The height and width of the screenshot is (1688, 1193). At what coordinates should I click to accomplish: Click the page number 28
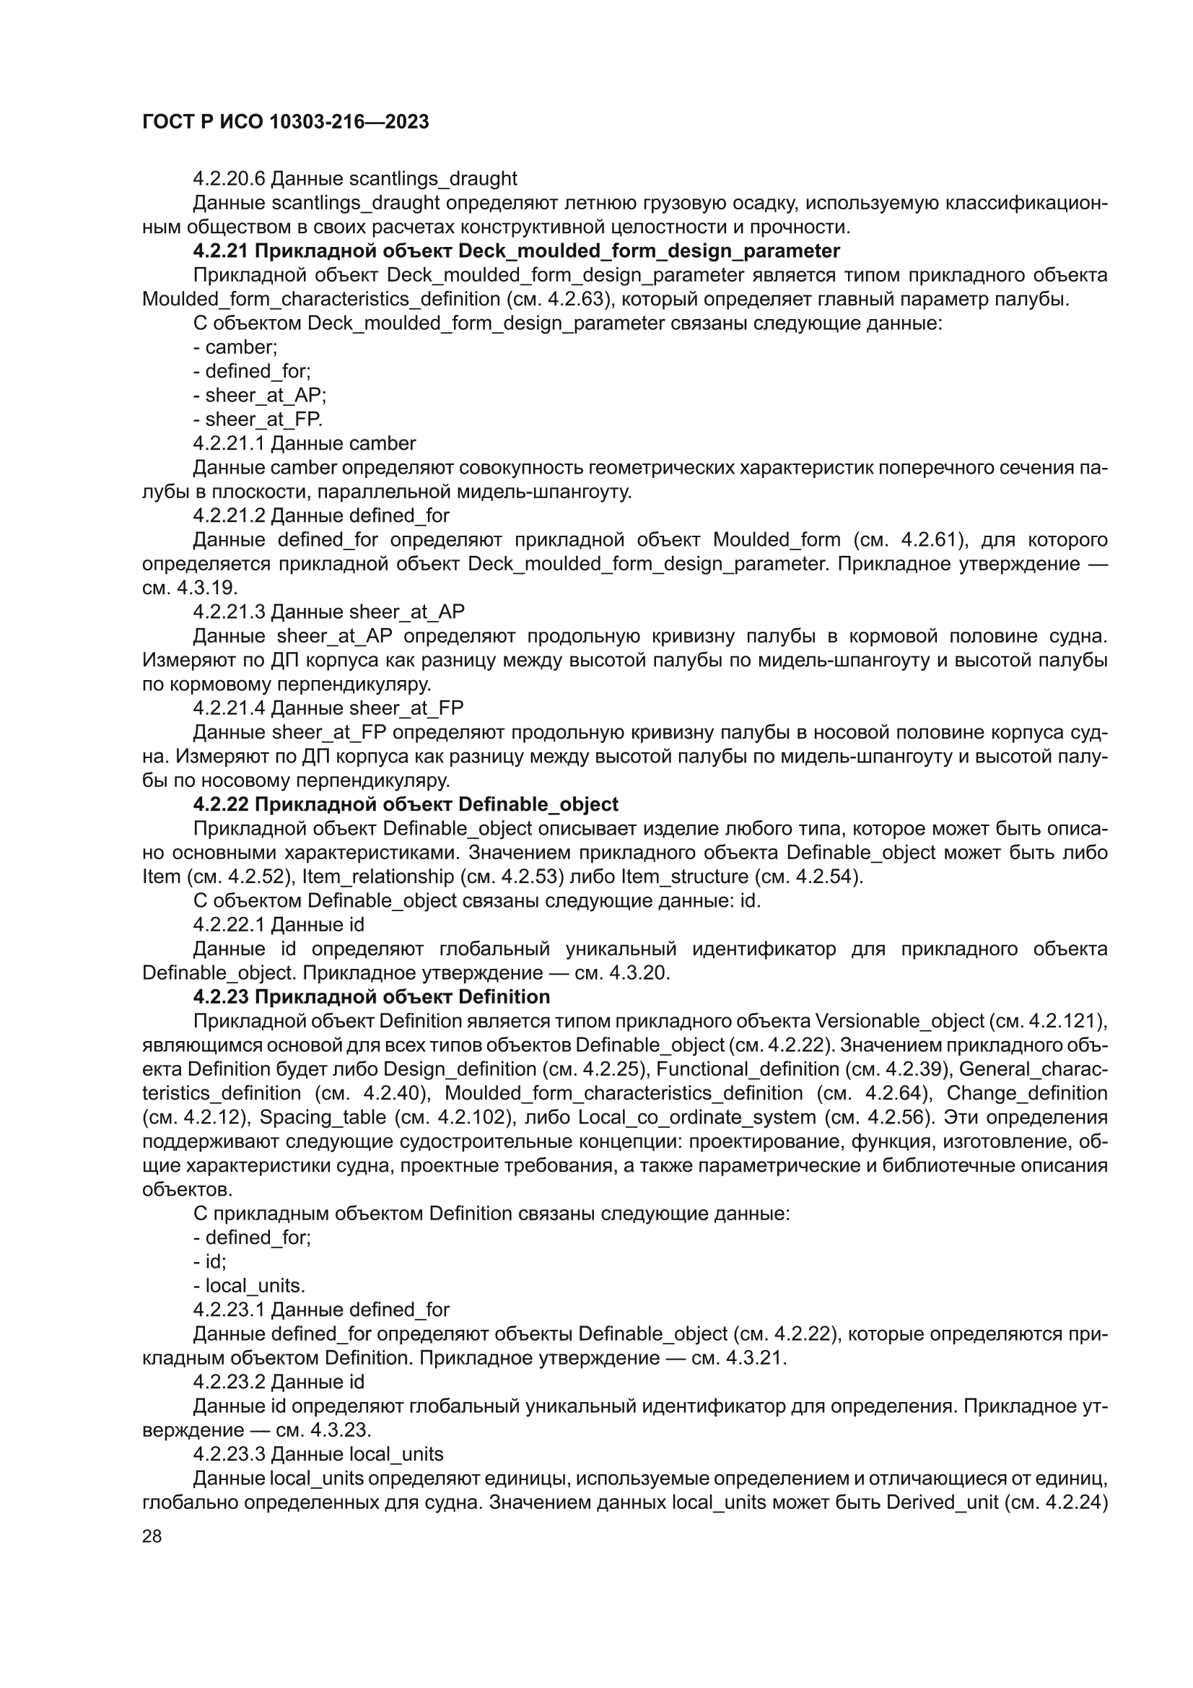point(152,1535)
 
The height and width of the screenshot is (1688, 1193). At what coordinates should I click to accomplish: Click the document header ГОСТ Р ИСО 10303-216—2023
point(285,122)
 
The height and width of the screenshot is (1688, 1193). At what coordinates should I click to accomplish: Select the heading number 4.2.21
point(221,251)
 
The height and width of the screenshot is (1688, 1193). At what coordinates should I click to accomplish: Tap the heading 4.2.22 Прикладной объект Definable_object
point(405,804)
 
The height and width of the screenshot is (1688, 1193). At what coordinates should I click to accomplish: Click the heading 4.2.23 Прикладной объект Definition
point(371,997)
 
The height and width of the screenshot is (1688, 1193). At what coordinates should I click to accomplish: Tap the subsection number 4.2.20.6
point(230,178)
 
